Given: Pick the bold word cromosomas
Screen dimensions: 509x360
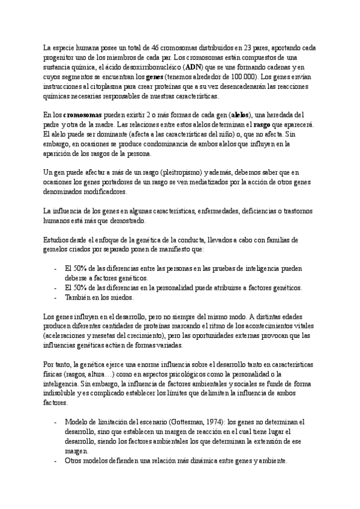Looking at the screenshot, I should click(82, 115).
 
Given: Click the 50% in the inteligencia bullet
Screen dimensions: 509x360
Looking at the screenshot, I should click(80, 268).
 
